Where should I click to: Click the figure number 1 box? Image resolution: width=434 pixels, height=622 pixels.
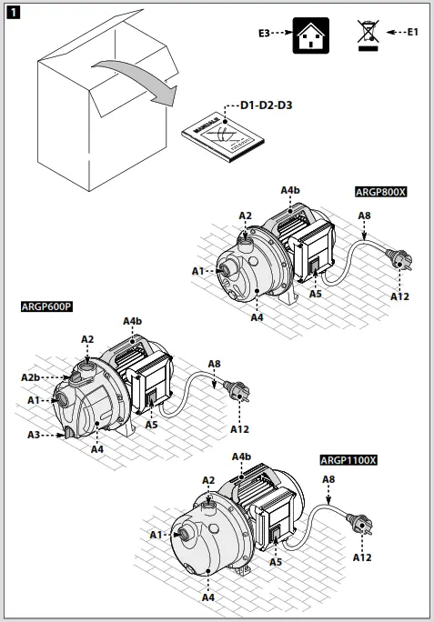pyautogui.click(x=13, y=13)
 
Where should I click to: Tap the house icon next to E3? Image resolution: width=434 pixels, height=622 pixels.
pyautogui.click(x=306, y=35)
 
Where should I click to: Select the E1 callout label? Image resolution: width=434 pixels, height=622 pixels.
pyautogui.click(x=412, y=32)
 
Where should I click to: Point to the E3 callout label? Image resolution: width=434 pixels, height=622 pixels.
pyautogui.click(x=265, y=33)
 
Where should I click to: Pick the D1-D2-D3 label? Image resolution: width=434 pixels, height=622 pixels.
pyautogui.click(x=266, y=106)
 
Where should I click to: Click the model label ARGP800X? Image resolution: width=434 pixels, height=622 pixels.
pyautogui.click(x=380, y=192)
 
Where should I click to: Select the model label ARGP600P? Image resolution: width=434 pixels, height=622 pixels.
pyautogui.click(x=46, y=306)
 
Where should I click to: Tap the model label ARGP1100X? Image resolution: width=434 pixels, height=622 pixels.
pyautogui.click(x=348, y=460)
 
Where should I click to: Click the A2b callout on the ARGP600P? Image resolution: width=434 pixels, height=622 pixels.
pyautogui.click(x=30, y=376)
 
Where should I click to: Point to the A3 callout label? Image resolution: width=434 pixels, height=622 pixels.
pyautogui.click(x=34, y=436)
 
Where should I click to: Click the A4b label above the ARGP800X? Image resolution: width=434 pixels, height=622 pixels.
pyautogui.click(x=289, y=190)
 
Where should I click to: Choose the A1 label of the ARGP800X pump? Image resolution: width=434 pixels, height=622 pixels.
pyautogui.click(x=198, y=271)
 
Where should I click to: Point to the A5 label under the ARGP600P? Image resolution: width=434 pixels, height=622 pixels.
pyautogui.click(x=151, y=423)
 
